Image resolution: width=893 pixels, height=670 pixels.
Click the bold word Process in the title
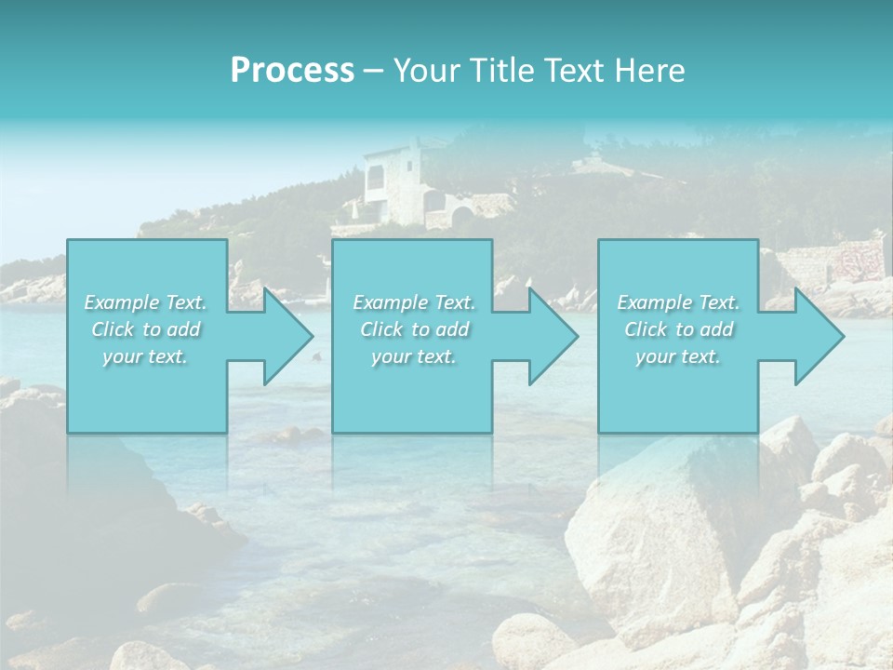click(292, 71)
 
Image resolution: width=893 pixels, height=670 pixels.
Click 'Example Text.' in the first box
click(145, 302)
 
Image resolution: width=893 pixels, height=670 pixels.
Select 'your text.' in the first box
click(145, 356)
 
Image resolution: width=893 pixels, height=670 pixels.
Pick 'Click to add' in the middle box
click(413, 329)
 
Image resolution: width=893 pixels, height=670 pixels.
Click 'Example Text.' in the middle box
click(413, 302)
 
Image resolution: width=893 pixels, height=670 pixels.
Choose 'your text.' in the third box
click(677, 356)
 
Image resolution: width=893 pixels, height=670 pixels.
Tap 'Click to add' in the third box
click(677, 329)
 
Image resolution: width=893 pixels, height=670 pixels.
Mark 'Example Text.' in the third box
click(677, 302)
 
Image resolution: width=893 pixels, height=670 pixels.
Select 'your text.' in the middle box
click(413, 356)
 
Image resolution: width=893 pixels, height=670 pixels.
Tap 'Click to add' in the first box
click(145, 329)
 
